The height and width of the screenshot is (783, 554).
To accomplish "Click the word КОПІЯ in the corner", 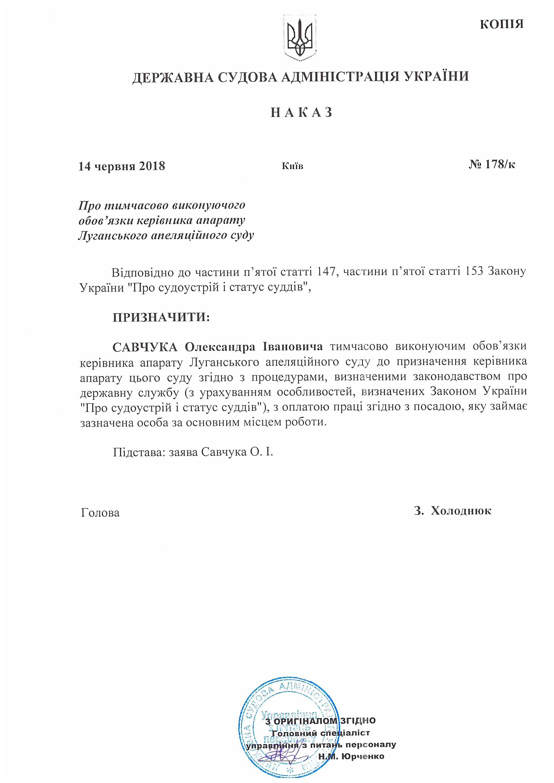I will (501, 24).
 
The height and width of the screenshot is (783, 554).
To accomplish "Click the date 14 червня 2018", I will (122, 166).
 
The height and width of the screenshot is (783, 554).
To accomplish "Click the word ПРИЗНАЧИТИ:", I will (161, 317).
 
